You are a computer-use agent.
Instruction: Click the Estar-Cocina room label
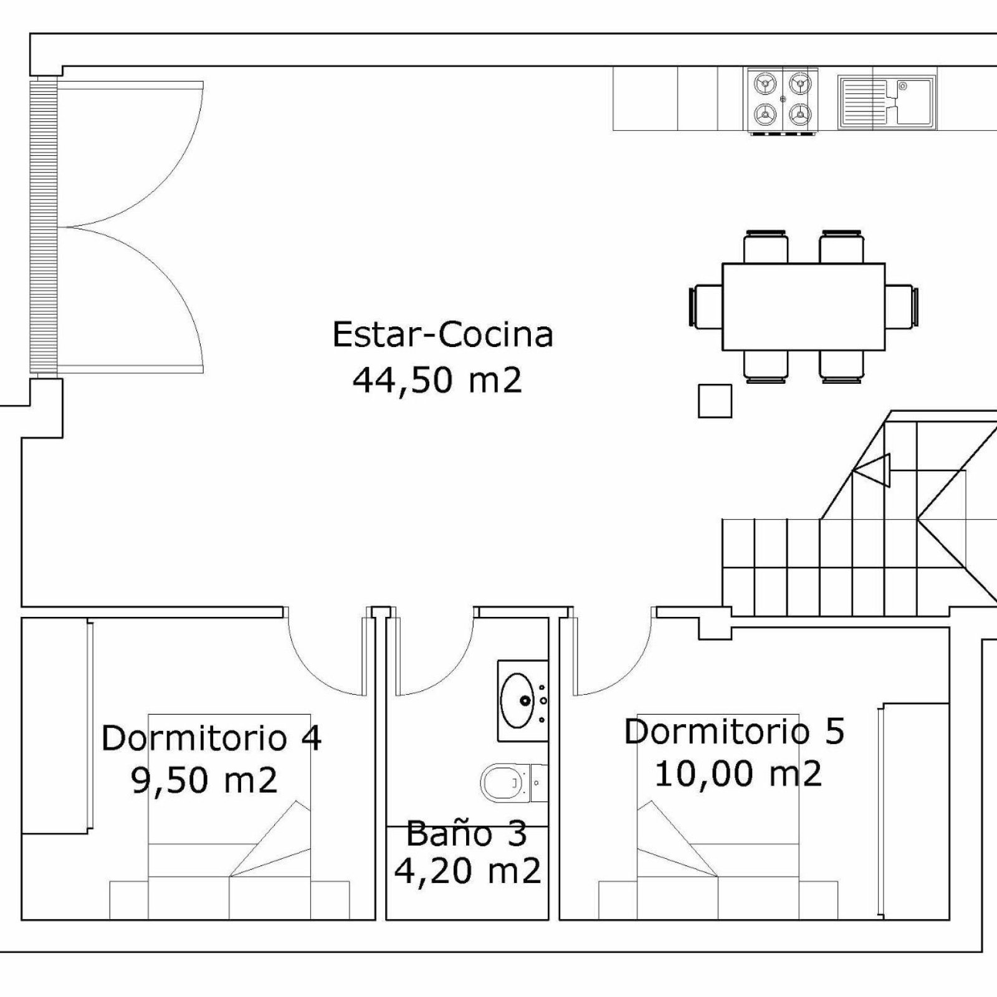click(442, 335)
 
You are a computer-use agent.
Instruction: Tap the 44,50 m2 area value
click(437, 380)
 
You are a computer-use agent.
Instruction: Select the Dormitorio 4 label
click(211, 738)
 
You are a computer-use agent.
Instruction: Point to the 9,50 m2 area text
click(204, 781)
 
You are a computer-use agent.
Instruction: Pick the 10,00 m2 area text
click(738, 774)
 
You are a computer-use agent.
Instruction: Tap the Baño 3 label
click(467, 834)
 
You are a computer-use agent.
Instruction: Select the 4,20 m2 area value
click(467, 871)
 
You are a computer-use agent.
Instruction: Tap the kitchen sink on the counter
click(886, 102)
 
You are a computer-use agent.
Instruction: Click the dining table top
click(803, 307)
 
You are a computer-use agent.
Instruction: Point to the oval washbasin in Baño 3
click(517, 700)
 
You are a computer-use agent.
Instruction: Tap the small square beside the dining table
click(715, 401)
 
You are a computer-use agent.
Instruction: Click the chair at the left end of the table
click(706, 306)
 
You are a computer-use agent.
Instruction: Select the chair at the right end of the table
click(902, 306)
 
